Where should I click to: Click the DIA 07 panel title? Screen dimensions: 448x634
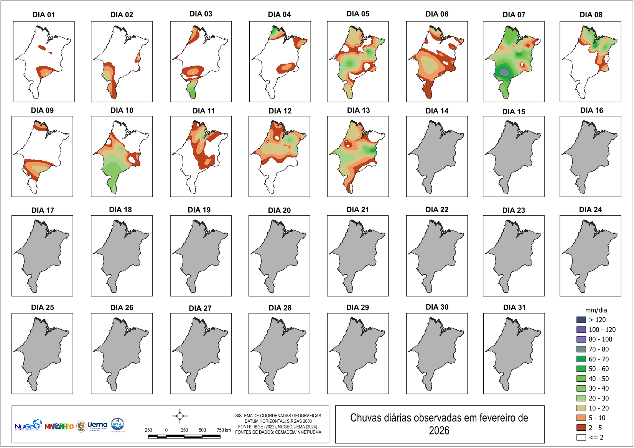[514, 15]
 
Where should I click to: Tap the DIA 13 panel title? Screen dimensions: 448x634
[358, 110]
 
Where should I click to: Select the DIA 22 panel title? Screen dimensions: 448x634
[437, 210]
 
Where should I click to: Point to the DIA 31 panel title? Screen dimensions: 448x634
[514, 307]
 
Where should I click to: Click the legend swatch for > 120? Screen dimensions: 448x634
[581, 320]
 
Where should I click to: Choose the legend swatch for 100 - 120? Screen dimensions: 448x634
[581, 330]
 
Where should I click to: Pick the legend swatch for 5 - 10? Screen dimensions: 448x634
[581, 418]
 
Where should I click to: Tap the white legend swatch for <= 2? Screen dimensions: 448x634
[581, 437]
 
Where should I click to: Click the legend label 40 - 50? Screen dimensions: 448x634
[599, 379]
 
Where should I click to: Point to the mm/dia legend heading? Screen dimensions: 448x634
[596, 310]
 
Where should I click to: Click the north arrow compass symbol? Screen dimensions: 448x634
[179, 416]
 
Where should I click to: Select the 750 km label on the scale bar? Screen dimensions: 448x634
[224, 430]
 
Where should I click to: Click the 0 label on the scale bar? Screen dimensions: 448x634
[166, 430]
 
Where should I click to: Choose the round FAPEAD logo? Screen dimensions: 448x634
[117, 424]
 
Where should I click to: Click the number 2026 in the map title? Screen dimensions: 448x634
[439, 431]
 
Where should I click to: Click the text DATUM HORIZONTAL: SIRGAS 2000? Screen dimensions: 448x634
[278, 421]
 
